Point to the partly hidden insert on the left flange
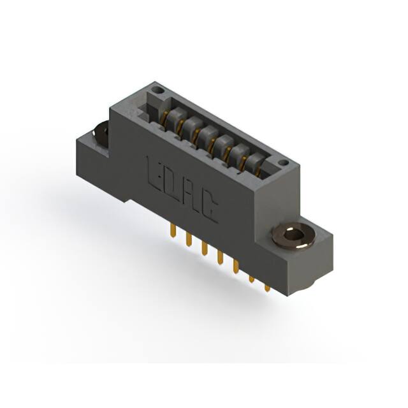pyautogui.click(x=101, y=133)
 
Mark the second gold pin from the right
pyautogui.click(x=251, y=280)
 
